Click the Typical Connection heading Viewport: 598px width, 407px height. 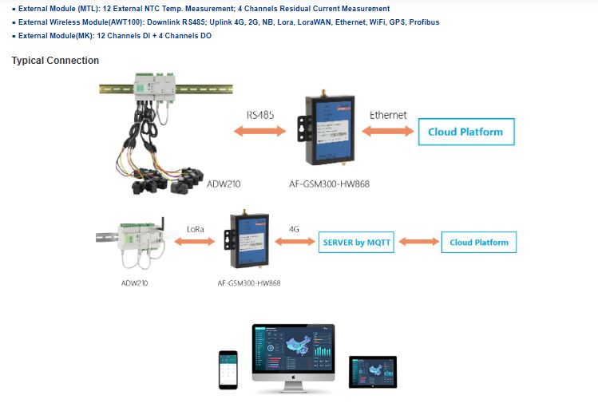click(x=55, y=61)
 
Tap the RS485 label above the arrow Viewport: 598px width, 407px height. click(x=260, y=115)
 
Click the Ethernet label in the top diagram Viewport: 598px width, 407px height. click(x=388, y=115)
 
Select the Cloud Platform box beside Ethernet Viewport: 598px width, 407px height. click(x=466, y=132)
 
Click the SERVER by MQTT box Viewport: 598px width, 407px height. click(x=357, y=242)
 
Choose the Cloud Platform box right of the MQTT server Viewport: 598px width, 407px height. click(x=479, y=242)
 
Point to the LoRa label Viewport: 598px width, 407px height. click(x=196, y=229)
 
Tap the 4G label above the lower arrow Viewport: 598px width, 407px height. click(x=294, y=229)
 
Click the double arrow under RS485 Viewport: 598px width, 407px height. click(x=260, y=132)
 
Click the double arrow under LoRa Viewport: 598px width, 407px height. click(x=196, y=241)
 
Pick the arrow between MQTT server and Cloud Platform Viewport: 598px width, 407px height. click(x=418, y=242)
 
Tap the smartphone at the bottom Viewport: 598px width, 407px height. click(x=229, y=369)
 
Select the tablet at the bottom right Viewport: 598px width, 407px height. click(x=373, y=372)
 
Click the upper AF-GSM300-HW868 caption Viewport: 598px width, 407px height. click(x=329, y=184)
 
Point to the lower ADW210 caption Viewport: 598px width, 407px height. click(x=136, y=283)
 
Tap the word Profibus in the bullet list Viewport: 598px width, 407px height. click(x=422, y=22)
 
